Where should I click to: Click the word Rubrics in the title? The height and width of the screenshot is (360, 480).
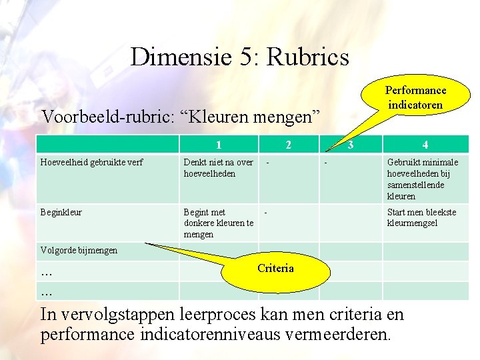coord(307,57)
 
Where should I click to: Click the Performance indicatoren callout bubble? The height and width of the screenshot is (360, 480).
coord(415,98)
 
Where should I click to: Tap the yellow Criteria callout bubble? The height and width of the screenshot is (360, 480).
coord(275,269)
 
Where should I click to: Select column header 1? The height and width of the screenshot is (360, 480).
coord(218,145)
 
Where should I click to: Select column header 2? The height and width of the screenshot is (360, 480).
coord(288,145)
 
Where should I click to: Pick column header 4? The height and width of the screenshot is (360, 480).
coord(425,145)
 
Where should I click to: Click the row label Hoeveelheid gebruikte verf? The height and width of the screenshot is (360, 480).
coord(92,162)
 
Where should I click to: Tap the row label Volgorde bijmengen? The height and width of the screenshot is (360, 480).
coord(79,251)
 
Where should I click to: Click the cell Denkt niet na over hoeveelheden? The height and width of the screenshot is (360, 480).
coord(218,167)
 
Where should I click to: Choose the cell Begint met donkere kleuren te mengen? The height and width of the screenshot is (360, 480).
coord(218,223)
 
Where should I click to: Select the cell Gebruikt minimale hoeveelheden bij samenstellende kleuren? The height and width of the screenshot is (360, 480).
coord(423,179)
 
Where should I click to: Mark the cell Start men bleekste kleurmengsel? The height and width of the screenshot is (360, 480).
coord(421,218)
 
